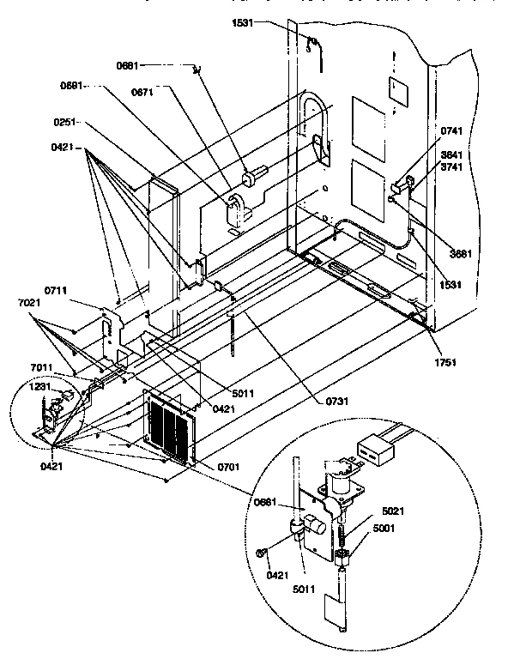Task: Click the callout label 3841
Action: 452,155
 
